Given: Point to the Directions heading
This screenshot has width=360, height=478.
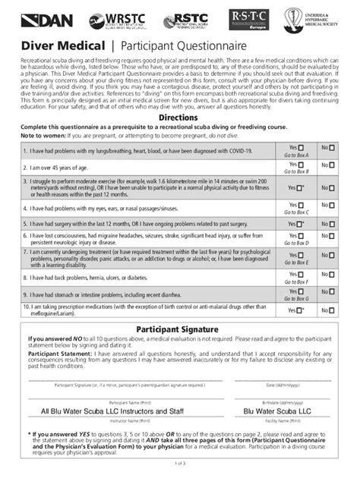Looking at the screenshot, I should pos(179,118).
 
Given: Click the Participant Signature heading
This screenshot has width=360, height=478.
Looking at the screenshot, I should pos(180,329).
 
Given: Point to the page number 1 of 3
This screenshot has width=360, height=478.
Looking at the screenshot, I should pos(180,463).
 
